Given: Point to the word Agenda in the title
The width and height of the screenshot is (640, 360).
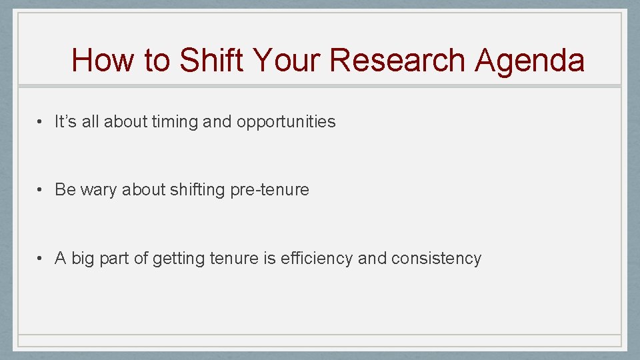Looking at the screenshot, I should coord(529,61).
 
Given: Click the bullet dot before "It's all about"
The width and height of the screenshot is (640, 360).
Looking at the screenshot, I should coord(41,122).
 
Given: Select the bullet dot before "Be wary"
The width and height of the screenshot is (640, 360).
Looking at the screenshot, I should coord(41,190).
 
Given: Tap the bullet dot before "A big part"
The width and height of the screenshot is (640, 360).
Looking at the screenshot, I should coord(41,259).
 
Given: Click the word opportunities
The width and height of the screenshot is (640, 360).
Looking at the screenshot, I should coord(286,122).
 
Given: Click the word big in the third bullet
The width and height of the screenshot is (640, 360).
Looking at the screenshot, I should coord(83,259).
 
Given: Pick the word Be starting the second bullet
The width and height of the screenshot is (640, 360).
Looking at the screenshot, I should coord(65,190).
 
